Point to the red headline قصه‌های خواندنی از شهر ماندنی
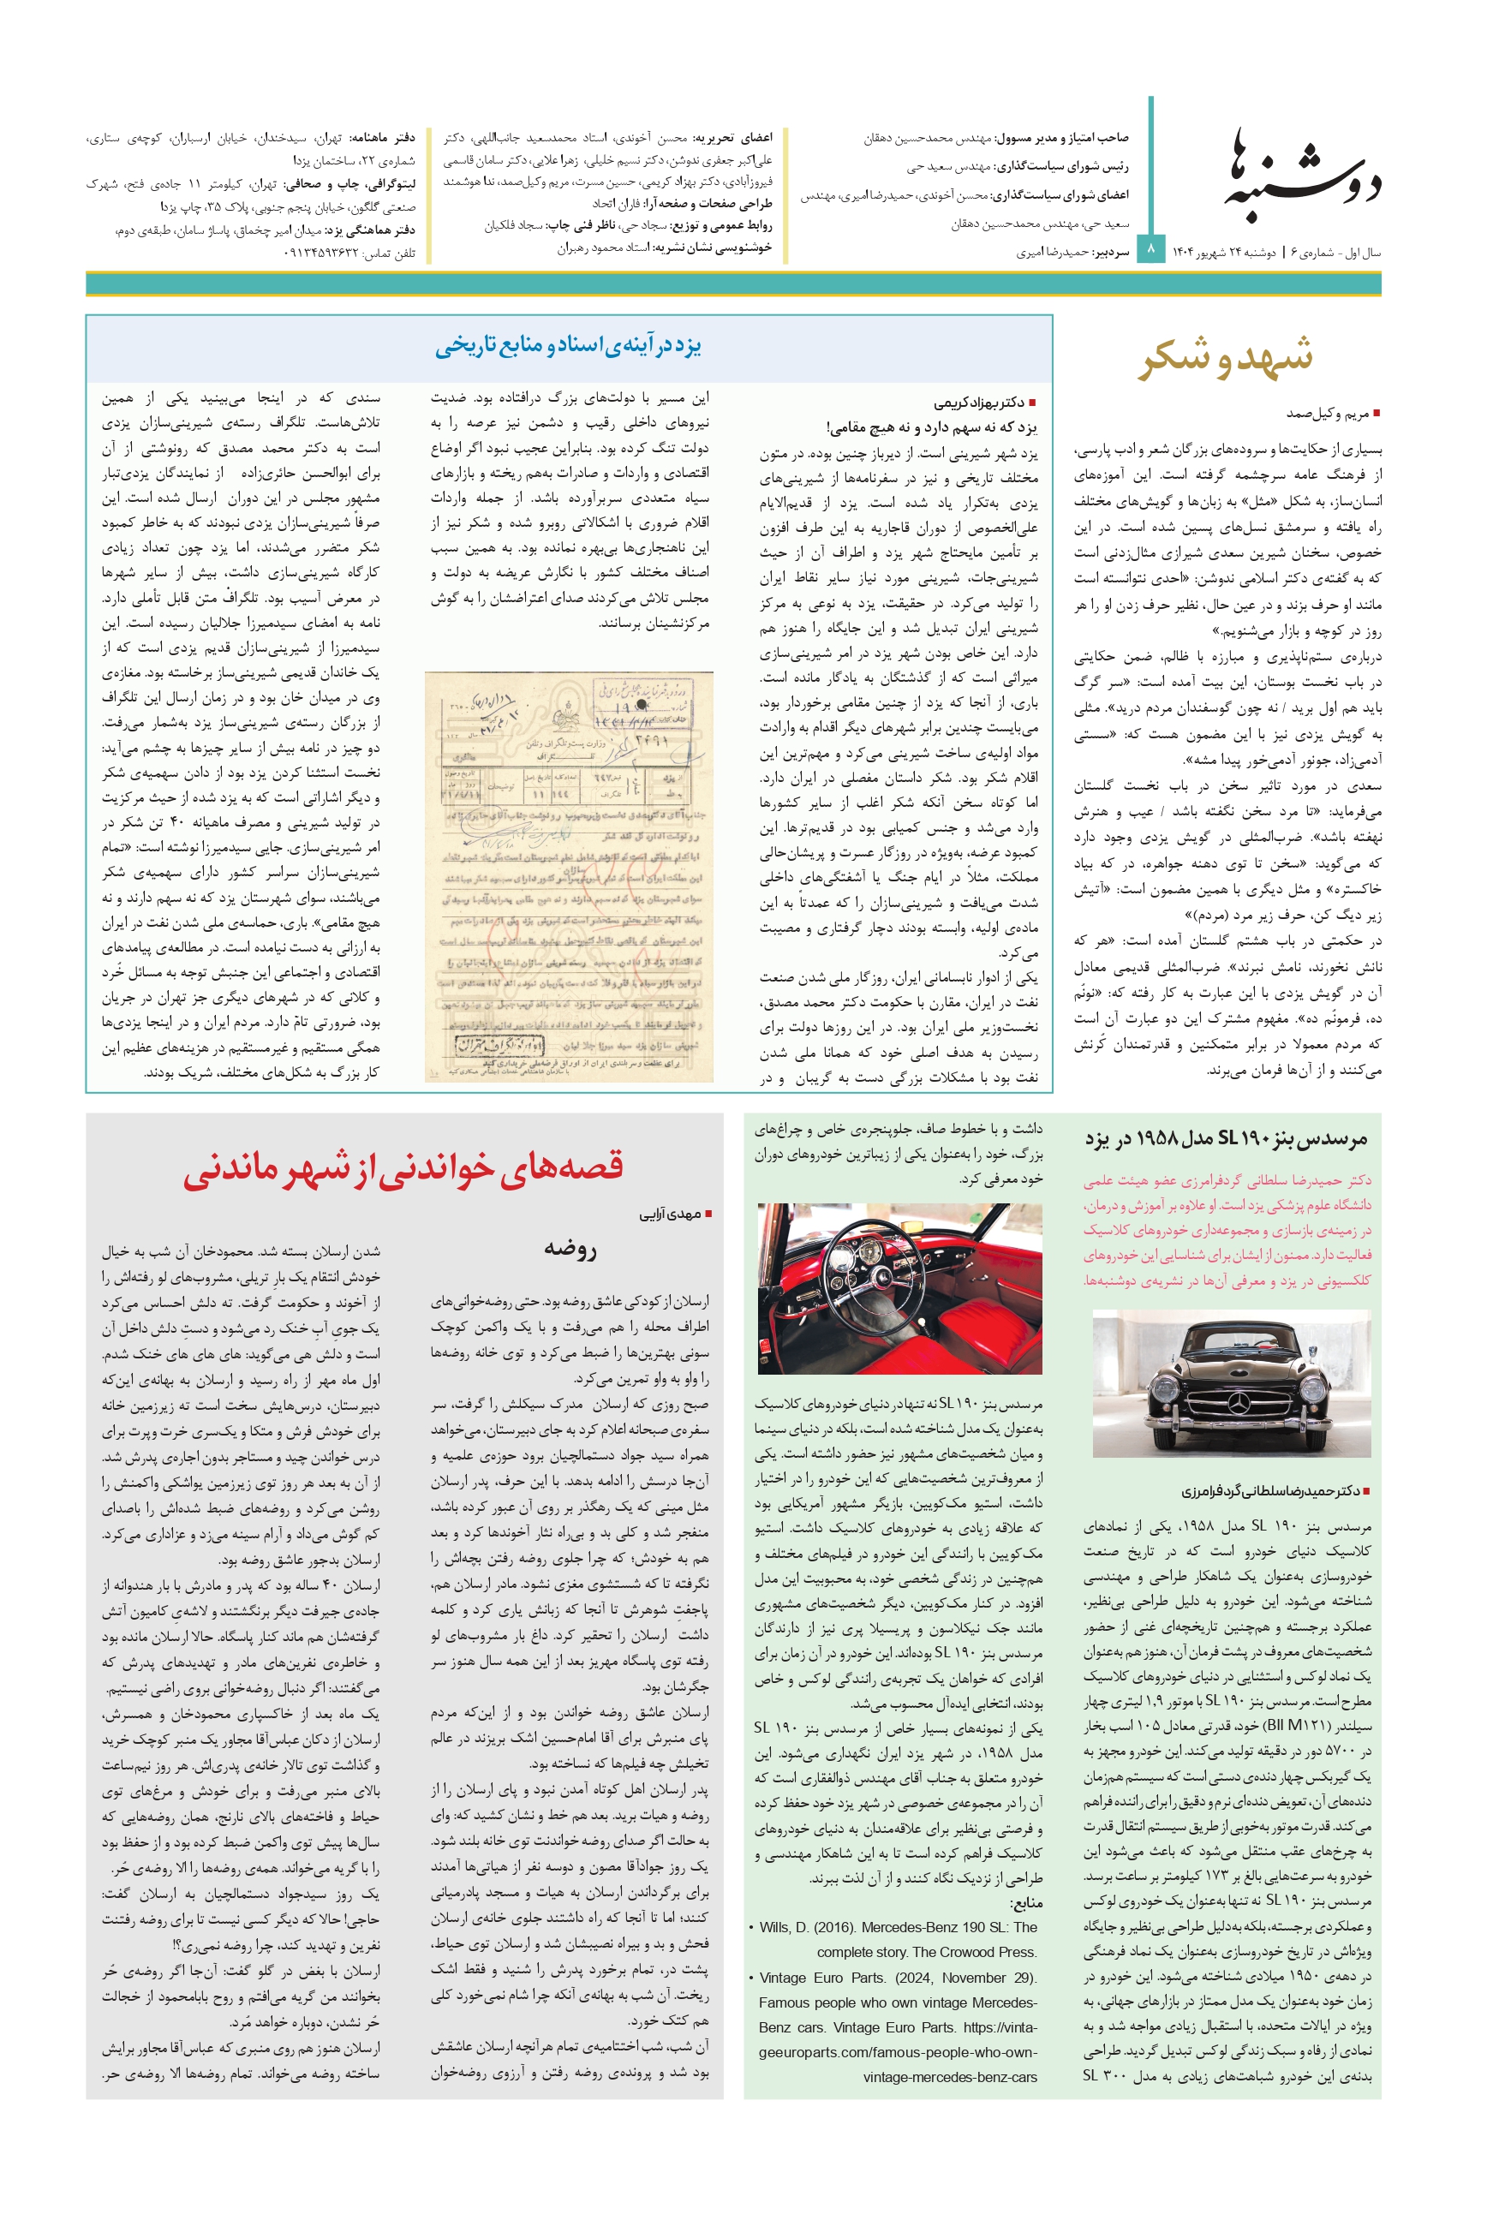click(403, 1167)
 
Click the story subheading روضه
click(570, 1248)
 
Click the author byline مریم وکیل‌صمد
click(1328, 413)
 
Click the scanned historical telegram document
click(569, 876)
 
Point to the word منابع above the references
click(1024, 1902)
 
